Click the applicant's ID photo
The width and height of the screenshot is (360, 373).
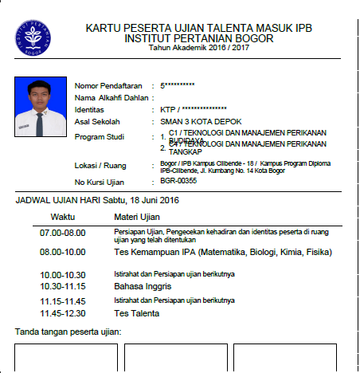39,107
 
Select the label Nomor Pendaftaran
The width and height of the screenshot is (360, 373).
108,85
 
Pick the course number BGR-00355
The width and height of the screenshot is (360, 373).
178,182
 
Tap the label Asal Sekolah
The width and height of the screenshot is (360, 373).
97,121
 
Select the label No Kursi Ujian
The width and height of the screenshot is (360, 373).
101,183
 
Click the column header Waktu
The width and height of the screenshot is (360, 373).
63,216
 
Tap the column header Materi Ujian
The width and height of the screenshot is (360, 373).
137,216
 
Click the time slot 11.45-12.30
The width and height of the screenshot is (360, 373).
62,313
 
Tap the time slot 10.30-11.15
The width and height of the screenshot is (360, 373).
62,285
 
